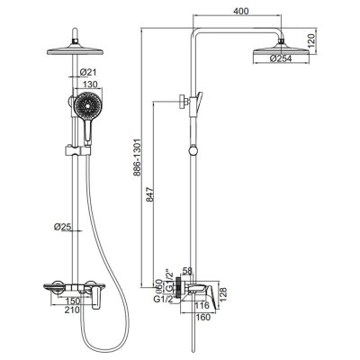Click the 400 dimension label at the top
(x=240, y=11)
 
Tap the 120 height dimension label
(x=311, y=41)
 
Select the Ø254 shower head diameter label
(x=281, y=58)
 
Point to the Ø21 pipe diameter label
(x=87, y=72)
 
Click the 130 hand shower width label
(x=90, y=85)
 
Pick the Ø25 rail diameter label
(x=62, y=227)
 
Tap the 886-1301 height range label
(x=137, y=158)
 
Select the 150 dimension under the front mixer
(x=73, y=301)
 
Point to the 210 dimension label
(x=73, y=310)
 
